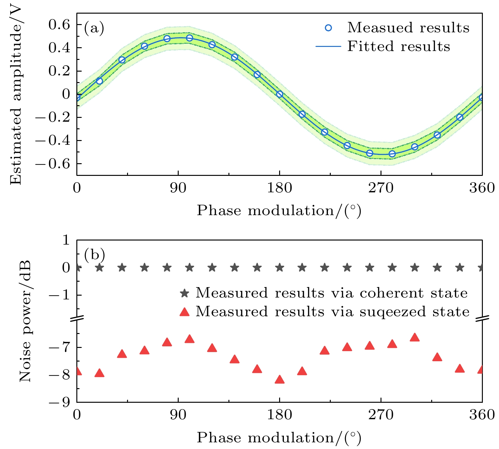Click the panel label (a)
click(94, 29)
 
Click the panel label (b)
click(94, 254)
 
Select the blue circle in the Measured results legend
click(329, 28)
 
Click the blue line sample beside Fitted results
click(328, 47)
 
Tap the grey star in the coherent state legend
click(184, 293)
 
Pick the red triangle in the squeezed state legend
click(184, 312)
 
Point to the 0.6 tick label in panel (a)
click(59, 24)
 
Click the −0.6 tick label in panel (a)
click(53, 164)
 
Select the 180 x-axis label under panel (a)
click(279, 188)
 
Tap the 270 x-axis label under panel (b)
click(381, 414)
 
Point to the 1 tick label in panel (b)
click(66, 240)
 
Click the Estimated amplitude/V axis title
click(16, 95)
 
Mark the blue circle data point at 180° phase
click(279, 94)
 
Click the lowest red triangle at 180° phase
click(279, 380)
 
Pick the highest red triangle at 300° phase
click(414, 337)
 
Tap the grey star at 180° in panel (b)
click(279, 268)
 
